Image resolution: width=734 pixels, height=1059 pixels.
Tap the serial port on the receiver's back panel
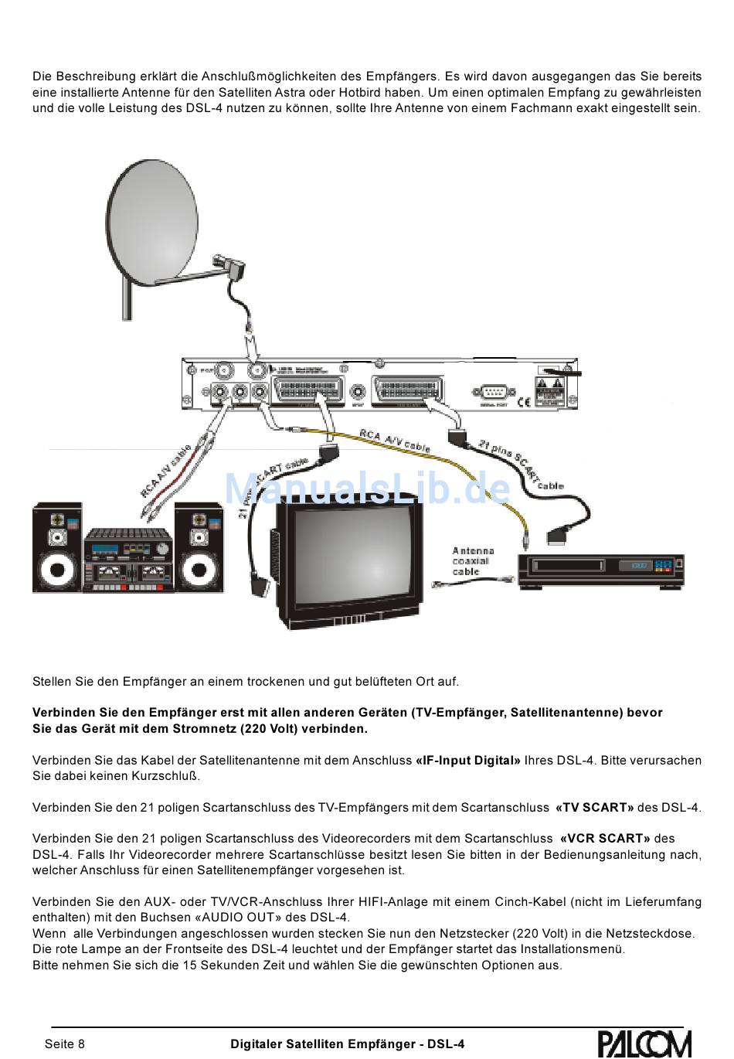click(x=492, y=391)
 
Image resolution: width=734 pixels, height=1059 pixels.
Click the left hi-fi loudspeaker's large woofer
click(x=56, y=571)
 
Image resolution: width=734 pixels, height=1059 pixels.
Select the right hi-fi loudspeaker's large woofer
click(x=199, y=571)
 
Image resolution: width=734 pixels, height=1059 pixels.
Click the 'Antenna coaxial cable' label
click(x=472, y=561)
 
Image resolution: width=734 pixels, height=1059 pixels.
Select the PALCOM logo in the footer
click(x=644, y=1044)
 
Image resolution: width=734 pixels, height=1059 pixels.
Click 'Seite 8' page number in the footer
click(x=65, y=1044)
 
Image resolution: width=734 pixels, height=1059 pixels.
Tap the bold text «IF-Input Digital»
click(x=468, y=761)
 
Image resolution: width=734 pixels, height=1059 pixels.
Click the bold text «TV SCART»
click(x=594, y=808)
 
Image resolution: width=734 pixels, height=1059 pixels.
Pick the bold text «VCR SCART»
click(x=605, y=839)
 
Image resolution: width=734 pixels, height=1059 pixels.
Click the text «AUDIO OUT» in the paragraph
click(x=240, y=918)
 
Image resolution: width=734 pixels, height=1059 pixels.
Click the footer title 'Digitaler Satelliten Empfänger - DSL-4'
click(x=348, y=1044)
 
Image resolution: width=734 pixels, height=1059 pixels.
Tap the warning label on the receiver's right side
click(x=552, y=386)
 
